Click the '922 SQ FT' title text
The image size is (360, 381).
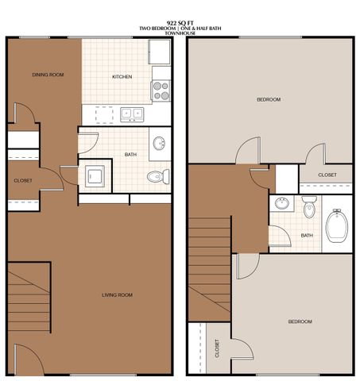click(180, 24)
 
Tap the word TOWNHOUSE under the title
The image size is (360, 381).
click(180, 34)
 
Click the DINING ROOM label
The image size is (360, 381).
click(48, 75)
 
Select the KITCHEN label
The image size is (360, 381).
click(122, 77)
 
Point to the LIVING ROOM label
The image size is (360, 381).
click(117, 294)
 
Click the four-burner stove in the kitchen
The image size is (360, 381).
click(161, 90)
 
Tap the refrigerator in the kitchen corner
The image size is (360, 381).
click(160, 52)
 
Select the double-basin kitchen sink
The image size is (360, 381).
click(132, 113)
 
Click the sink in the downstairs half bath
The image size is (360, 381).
click(159, 144)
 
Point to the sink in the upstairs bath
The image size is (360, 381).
click(281, 203)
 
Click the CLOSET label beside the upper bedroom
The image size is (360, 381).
click(327, 175)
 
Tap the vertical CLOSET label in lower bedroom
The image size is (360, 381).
click(218, 347)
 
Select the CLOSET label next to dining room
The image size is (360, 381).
click(23, 180)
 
